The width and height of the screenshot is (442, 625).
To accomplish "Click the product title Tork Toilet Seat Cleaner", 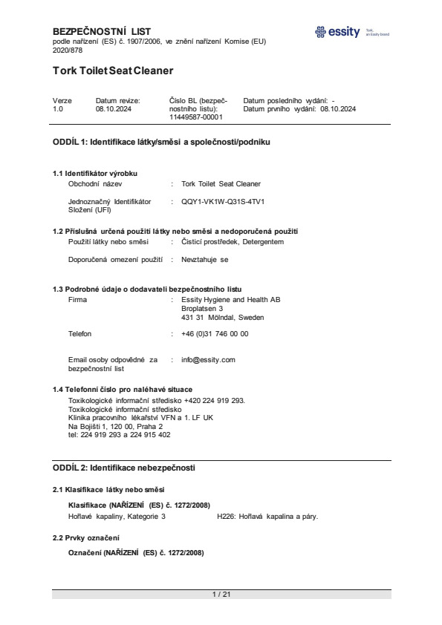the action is (x=113, y=71).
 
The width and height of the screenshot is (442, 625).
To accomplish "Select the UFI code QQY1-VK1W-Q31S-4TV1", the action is (x=223, y=201).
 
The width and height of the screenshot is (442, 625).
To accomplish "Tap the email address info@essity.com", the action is (x=208, y=359).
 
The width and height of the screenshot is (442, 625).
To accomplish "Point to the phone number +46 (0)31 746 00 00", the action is (x=215, y=334).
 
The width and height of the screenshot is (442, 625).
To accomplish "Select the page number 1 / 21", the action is (x=221, y=594).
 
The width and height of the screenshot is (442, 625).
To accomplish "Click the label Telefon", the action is (x=80, y=334).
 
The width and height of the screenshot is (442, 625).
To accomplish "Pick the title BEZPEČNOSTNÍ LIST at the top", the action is (x=102, y=31).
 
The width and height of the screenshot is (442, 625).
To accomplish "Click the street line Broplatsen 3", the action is (x=202, y=309).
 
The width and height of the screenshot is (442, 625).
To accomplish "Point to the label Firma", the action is (x=77, y=300).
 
